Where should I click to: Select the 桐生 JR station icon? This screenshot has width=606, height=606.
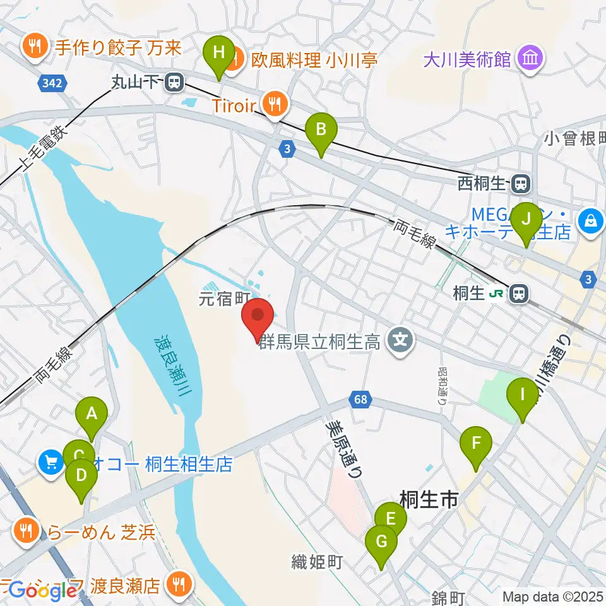tap(520, 293)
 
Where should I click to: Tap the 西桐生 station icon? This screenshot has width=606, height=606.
tap(521, 184)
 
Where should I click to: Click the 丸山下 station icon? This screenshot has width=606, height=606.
tap(174, 81)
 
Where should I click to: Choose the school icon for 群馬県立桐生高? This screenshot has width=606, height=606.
tap(400, 343)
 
